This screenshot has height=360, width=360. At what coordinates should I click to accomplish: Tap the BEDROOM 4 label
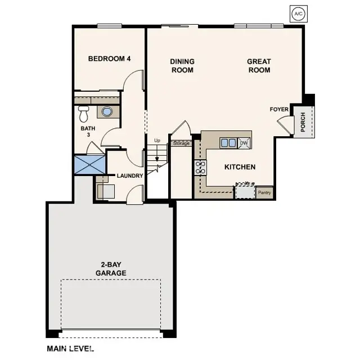coord(110,58)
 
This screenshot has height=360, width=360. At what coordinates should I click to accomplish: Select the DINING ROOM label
coord(182,66)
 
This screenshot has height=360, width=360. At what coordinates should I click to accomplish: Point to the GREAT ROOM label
coord(259,66)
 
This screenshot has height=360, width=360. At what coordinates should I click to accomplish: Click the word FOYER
coord(279,109)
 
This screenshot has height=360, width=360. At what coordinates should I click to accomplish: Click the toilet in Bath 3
coord(84,114)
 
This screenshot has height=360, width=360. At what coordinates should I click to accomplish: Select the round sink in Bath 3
coord(107,111)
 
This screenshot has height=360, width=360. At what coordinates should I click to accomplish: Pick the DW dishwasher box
coord(244,143)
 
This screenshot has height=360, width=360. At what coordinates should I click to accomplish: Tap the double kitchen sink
coord(228,143)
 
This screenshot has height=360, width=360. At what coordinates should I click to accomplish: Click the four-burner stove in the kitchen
coord(200,166)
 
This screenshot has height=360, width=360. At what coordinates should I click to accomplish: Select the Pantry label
coord(264,193)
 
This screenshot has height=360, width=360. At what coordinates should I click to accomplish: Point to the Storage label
coord(181,143)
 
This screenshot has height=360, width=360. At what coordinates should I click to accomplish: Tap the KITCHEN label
coord(240,167)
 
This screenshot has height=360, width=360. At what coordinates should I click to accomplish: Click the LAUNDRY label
coord(130,175)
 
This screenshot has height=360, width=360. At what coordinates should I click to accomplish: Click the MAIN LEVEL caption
coord(70,349)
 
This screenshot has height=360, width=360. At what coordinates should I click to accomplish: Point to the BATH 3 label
coord(88,132)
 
